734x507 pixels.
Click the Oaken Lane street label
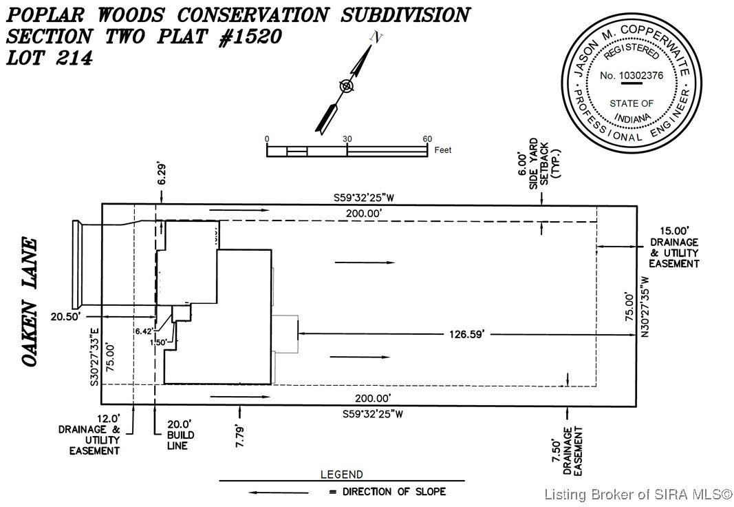(x=30, y=302)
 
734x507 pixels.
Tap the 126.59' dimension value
(x=468, y=334)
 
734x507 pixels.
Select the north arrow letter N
(x=376, y=39)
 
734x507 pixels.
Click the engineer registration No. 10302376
(x=631, y=75)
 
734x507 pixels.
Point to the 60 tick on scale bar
(x=427, y=138)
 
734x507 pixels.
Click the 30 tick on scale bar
(x=347, y=138)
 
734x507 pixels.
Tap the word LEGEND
(x=341, y=475)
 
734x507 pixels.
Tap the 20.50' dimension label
(x=66, y=317)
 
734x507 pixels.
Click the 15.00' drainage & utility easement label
(x=675, y=247)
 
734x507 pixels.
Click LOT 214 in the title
(x=49, y=59)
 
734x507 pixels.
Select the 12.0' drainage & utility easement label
(x=94, y=434)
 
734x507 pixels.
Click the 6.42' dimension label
(x=144, y=331)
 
